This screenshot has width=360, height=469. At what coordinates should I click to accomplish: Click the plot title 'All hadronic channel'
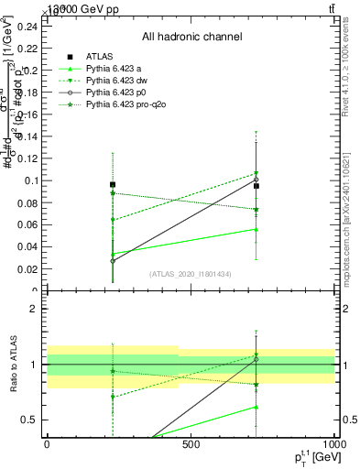[x=191, y=38]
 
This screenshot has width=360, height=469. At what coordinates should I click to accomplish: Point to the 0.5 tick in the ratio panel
[x=31, y=420]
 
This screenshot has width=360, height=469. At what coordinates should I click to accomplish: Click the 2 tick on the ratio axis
[x=36, y=309]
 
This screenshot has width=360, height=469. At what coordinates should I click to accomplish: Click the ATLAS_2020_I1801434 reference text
[x=191, y=274]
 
